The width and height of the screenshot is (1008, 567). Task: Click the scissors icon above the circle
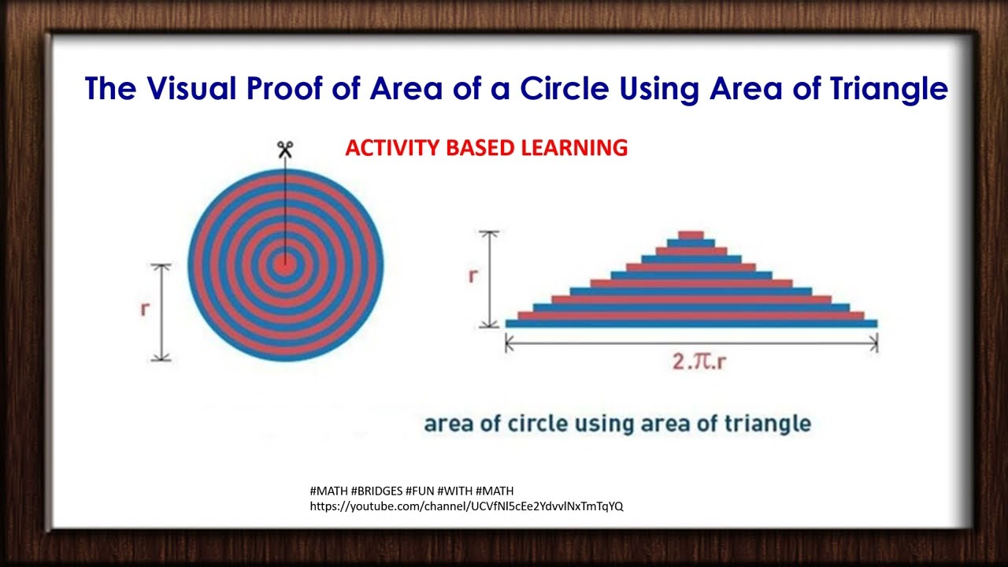(x=284, y=150)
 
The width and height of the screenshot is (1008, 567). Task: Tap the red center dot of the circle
(x=285, y=265)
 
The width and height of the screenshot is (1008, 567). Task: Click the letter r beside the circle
(x=144, y=309)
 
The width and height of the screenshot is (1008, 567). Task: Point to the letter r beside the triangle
(x=472, y=276)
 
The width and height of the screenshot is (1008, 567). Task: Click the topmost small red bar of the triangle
(x=691, y=235)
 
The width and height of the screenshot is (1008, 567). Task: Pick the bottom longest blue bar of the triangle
(x=691, y=323)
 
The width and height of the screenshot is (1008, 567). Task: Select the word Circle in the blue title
(x=562, y=88)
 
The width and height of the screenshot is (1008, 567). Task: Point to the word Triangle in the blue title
(x=888, y=88)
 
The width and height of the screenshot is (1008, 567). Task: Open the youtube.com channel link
(x=466, y=506)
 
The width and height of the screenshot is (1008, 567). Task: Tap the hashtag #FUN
(x=421, y=491)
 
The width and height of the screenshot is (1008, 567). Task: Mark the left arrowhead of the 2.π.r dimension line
(x=508, y=343)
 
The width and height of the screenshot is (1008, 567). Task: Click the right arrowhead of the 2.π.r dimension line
(x=874, y=343)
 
